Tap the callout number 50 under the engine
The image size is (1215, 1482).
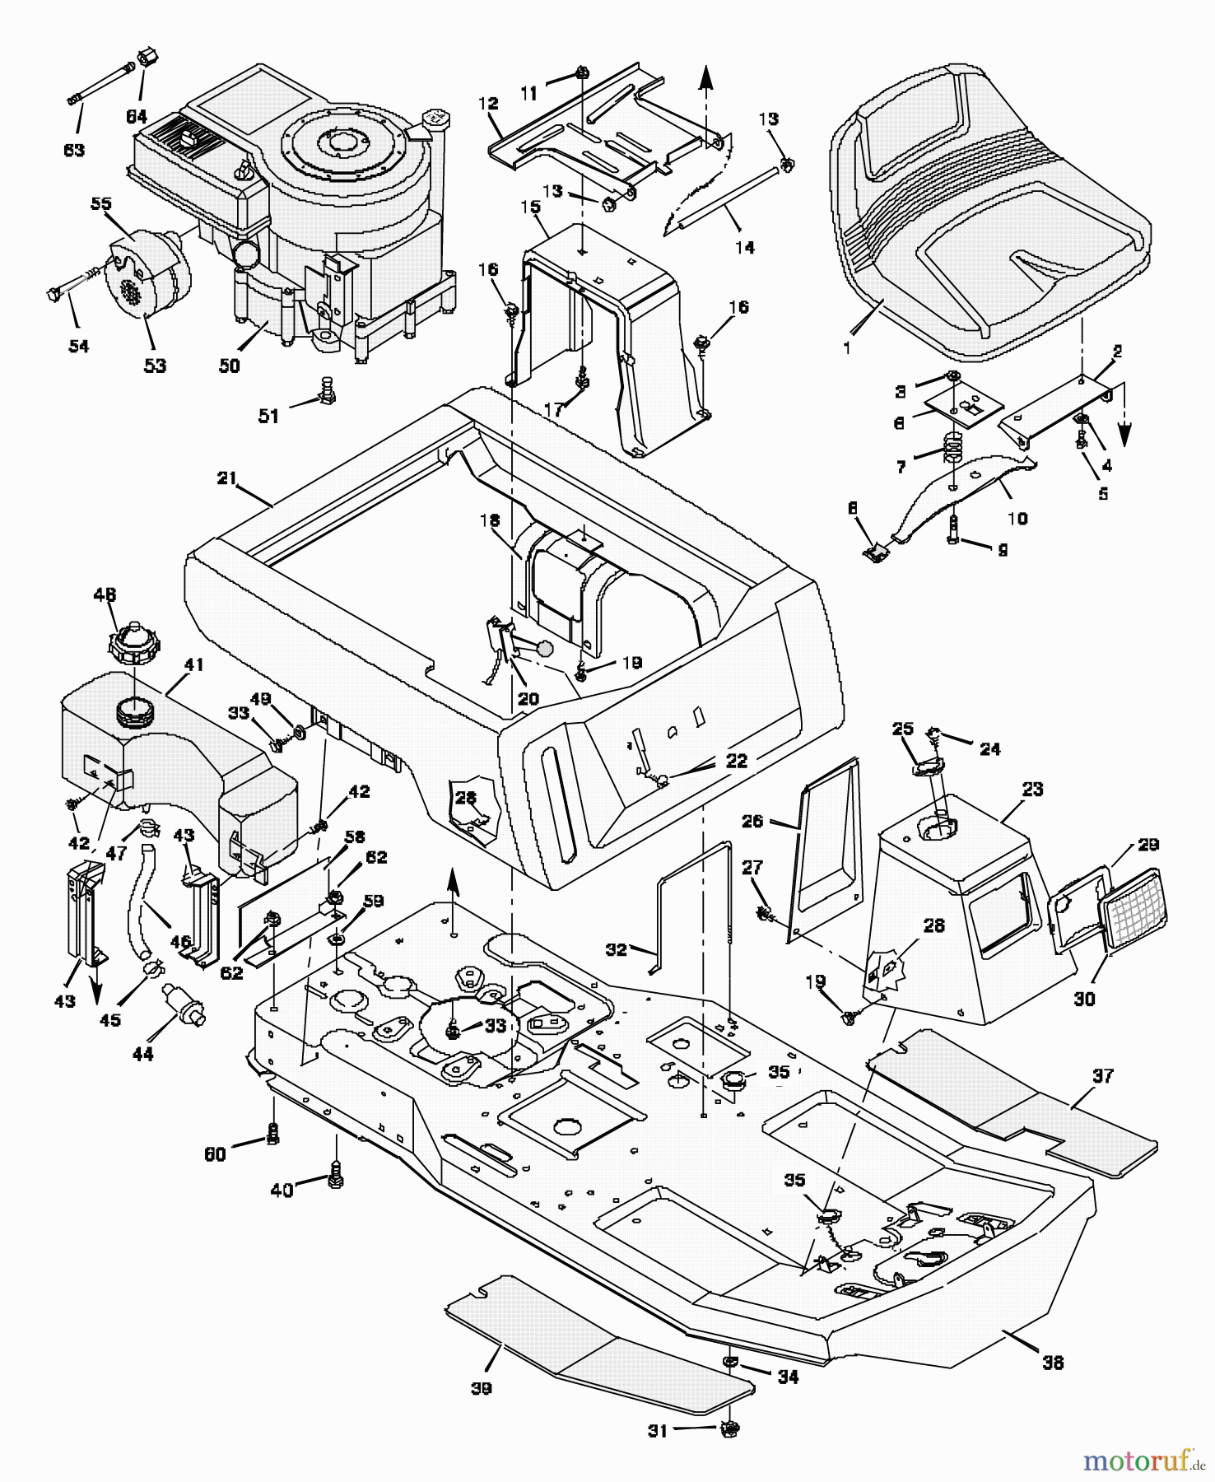pyautogui.click(x=230, y=366)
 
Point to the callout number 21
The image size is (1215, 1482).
pyautogui.click(x=227, y=478)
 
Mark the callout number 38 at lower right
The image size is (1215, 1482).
pyautogui.click(x=1053, y=1363)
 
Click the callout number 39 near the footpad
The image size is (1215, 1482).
pyautogui.click(x=482, y=1388)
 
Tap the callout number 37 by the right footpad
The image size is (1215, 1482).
pyautogui.click(x=1102, y=1075)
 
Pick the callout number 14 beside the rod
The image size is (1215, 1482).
pyautogui.click(x=744, y=247)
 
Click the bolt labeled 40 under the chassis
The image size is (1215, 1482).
pyautogui.click(x=336, y=1181)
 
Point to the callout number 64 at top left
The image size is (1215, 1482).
pyautogui.click(x=137, y=117)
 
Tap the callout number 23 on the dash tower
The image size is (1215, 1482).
pyautogui.click(x=1032, y=789)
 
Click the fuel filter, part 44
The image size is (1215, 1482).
pyautogui.click(x=184, y=1004)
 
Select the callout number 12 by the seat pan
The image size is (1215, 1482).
pyautogui.click(x=488, y=104)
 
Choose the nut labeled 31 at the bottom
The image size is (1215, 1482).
pyautogui.click(x=729, y=1429)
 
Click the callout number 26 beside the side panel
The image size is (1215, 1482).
pyautogui.click(x=752, y=821)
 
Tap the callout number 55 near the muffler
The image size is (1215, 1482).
pyautogui.click(x=100, y=203)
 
